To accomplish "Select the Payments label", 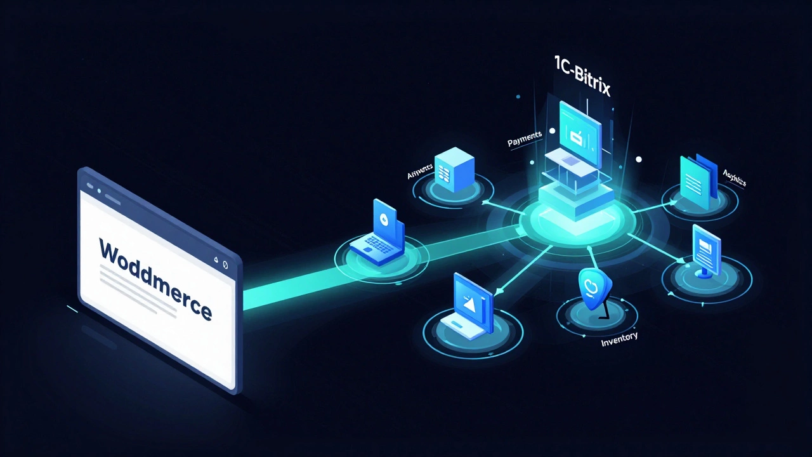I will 524,140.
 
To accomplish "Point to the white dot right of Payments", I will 553,131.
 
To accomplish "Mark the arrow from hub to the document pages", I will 647,206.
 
